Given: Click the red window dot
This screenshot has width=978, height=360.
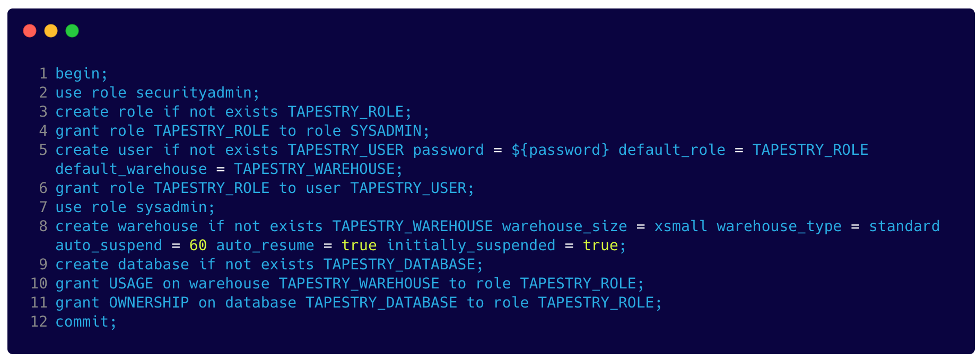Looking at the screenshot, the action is click(x=30, y=31).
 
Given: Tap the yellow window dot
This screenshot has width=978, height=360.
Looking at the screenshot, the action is click(x=51, y=31).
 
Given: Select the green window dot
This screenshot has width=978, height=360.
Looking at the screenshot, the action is click(x=72, y=31).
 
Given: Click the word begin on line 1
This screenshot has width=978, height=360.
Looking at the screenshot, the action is click(x=77, y=74).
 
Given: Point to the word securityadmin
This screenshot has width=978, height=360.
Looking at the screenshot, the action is click(x=194, y=93).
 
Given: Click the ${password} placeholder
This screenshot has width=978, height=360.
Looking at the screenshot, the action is click(x=560, y=150).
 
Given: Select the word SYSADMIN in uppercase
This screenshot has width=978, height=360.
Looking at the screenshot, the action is click(x=386, y=131).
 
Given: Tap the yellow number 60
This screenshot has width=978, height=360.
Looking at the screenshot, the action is click(x=198, y=245).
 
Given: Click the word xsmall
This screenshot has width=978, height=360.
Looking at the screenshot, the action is click(x=680, y=226).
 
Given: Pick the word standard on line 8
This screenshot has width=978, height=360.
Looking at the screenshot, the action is click(x=904, y=226).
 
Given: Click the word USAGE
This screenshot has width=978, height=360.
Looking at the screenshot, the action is click(x=131, y=284).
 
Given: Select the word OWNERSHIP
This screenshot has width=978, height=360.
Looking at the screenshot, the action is click(x=149, y=303).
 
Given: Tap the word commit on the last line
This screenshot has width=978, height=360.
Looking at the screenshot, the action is click(x=82, y=322).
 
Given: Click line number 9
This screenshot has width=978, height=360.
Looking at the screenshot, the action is click(x=43, y=265).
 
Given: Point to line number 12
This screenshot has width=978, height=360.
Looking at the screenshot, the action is click(x=39, y=322).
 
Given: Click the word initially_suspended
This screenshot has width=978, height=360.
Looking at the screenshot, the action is click(x=470, y=245).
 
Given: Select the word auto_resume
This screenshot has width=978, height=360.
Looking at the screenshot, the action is click(x=265, y=245).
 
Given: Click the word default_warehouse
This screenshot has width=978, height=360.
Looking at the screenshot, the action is click(x=131, y=169).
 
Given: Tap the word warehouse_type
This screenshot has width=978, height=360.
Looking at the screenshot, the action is click(x=779, y=226).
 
